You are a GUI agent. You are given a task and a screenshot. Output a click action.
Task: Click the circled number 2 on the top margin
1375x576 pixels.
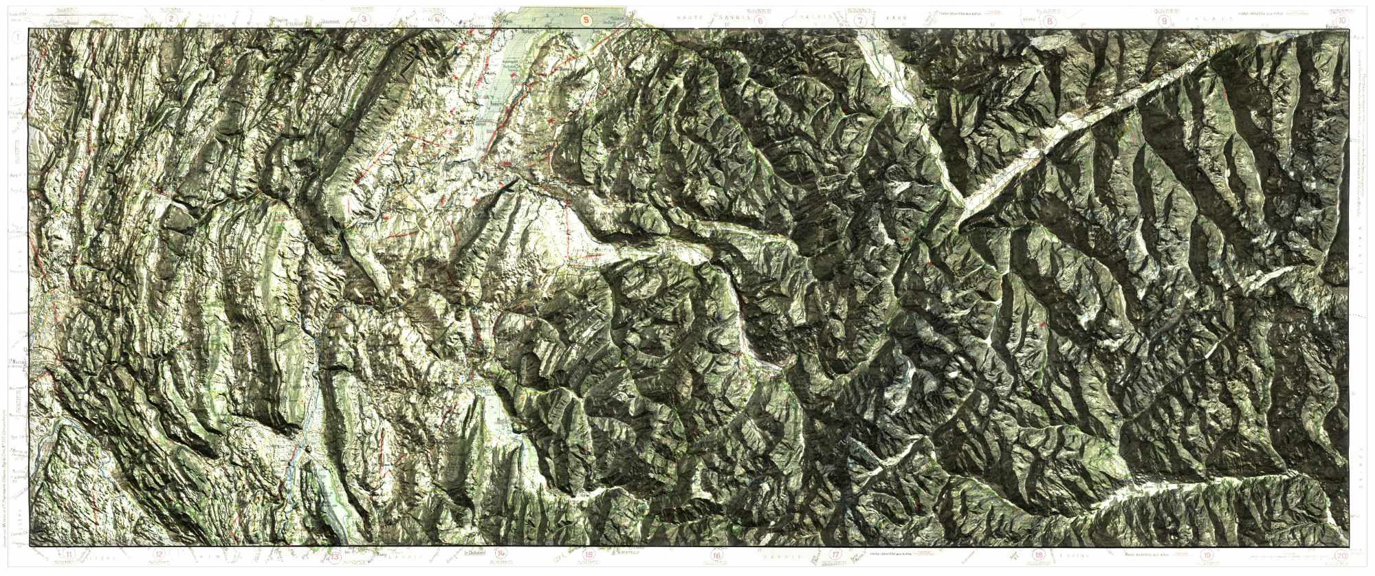click(170, 19)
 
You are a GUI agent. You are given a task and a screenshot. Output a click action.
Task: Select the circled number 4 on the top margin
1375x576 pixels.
click(438, 19)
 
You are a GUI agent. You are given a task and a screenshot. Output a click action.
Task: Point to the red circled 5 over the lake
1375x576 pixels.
click(585, 20)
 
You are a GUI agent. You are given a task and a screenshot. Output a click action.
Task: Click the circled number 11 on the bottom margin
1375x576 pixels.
click(69, 555)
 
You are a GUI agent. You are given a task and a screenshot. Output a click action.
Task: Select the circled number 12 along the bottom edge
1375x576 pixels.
click(159, 555)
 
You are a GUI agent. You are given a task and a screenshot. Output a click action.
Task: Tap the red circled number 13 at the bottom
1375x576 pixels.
click(335, 555)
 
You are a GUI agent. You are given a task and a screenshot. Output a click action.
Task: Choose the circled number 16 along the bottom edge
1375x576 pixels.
click(717, 555)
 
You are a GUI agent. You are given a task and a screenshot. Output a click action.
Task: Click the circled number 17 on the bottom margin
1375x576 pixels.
click(836, 555)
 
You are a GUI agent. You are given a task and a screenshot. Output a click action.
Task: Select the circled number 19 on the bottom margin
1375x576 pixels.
click(1206, 555)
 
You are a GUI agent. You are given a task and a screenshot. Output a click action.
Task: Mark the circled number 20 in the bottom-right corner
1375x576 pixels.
click(1341, 555)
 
